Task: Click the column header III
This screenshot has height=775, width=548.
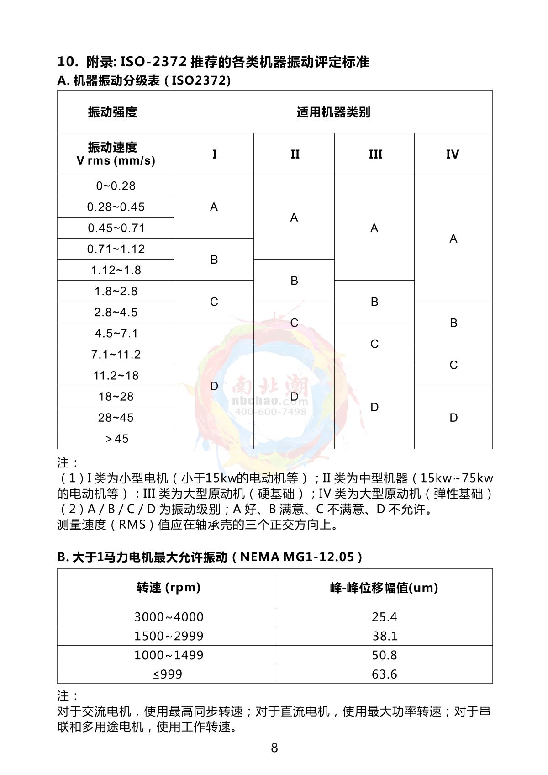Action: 375,154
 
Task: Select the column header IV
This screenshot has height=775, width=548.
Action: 453,154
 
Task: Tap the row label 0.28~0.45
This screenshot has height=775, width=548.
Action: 116,207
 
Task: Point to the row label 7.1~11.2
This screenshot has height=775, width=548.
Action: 116,355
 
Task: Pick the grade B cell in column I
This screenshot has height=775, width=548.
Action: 214,260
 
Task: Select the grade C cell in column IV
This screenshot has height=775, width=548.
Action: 453,365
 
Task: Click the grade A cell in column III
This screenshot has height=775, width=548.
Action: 374,228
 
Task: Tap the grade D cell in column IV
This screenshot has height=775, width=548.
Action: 453,418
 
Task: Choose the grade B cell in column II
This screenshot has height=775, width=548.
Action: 294,281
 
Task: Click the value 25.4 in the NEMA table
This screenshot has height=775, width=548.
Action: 384,617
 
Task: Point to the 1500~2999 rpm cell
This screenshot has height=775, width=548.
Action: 169,636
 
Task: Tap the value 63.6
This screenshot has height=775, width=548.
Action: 384,674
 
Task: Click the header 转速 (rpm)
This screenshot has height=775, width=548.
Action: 169,588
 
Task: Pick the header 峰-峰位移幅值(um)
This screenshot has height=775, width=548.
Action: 384,588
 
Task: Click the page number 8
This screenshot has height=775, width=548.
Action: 274,748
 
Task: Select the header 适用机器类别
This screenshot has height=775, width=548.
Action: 333,112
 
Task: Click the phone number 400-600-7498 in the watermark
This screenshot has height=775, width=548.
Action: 271,412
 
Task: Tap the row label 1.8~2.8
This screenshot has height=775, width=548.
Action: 116,291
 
